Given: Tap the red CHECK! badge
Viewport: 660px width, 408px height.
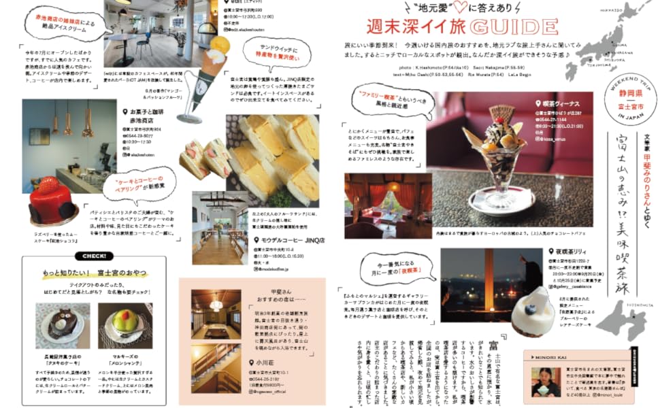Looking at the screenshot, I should pos(93,256).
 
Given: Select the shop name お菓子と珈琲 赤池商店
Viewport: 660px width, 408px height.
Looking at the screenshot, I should pos(147,116).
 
